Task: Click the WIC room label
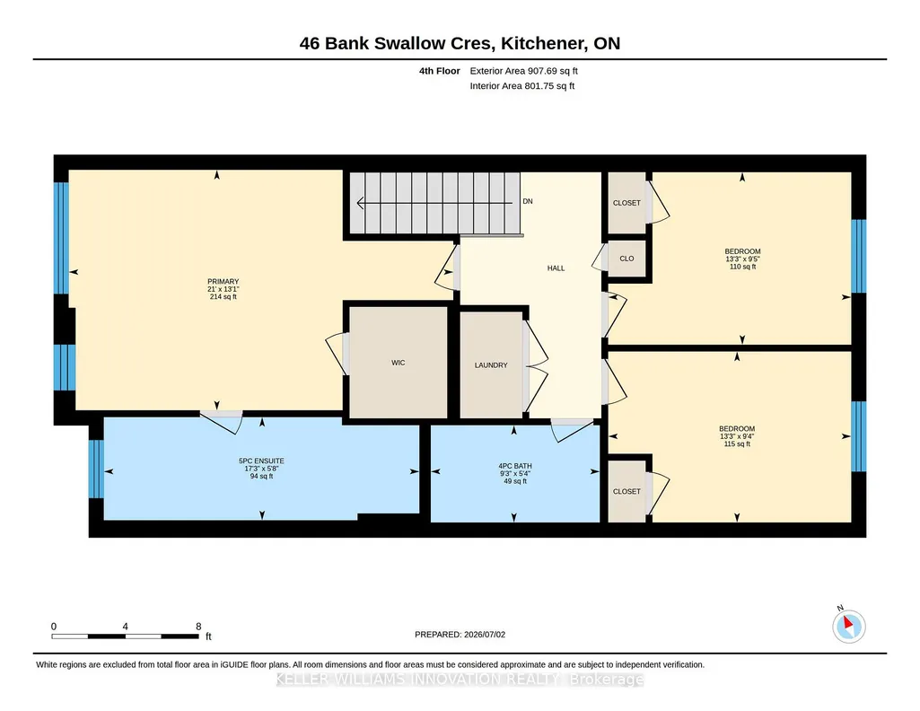[398, 363]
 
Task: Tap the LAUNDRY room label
[491, 364]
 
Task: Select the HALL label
[556, 268]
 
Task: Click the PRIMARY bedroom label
[223, 282]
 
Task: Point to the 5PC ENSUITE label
[261, 461]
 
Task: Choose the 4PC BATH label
[515, 467]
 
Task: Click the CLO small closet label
[626, 259]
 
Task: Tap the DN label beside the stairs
[528, 201]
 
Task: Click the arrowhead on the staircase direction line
[360, 203]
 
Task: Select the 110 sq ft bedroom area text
[742, 267]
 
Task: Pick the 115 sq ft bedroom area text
[737, 444]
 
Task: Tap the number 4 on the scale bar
[125, 627]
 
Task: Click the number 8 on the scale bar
[198, 627]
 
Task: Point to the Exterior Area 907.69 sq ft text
[523, 71]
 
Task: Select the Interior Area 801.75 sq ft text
[522, 85]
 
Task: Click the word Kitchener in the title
[544, 43]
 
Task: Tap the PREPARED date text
[460, 634]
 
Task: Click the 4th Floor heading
[440, 71]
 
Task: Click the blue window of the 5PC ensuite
[96, 469]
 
